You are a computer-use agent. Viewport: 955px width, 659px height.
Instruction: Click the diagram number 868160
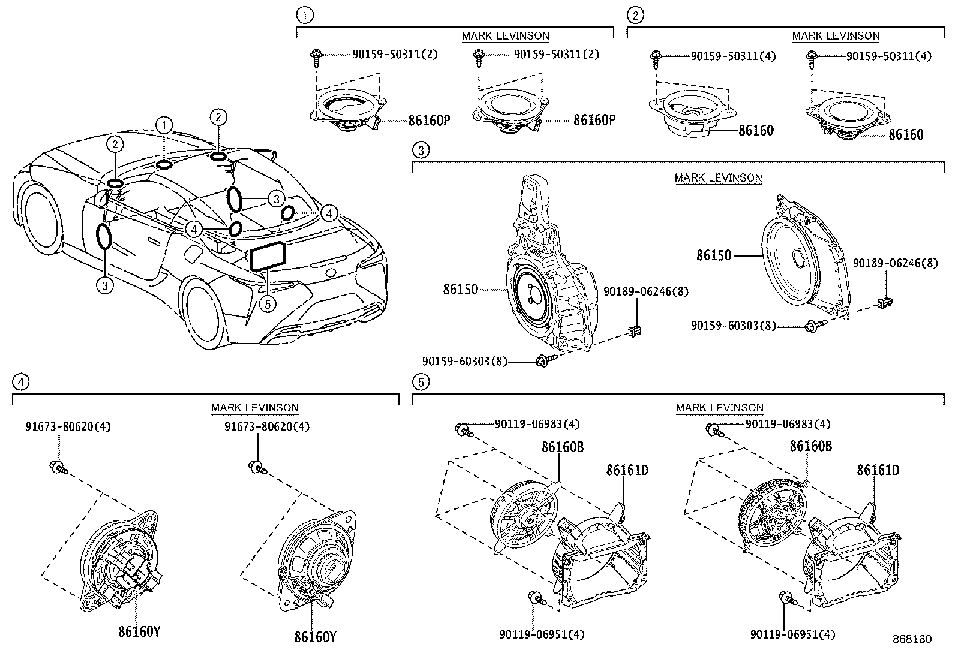pos(911,639)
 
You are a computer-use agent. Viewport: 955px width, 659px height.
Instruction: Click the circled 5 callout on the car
pos(268,304)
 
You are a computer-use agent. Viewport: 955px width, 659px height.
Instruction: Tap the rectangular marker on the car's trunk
pos(268,257)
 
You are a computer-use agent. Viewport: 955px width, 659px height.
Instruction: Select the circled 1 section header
pos(305,15)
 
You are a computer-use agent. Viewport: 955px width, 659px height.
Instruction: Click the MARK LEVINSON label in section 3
pos(718,178)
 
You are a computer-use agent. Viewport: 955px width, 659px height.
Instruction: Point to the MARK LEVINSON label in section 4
pos(254,408)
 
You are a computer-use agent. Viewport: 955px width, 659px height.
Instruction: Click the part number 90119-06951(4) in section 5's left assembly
pos(542,634)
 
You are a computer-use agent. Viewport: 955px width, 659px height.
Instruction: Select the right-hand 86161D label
pos(878,470)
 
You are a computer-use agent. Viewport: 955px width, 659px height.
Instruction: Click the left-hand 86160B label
pos(562,447)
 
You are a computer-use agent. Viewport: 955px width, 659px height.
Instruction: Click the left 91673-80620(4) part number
pos(68,427)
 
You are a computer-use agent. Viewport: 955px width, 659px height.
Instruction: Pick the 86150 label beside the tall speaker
pos(460,290)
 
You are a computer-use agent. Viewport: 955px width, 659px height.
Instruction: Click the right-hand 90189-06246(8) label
pos(895,263)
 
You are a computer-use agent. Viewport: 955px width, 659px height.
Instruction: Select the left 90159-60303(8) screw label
pos(464,361)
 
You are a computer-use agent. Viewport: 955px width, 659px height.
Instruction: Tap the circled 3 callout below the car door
pos(104,285)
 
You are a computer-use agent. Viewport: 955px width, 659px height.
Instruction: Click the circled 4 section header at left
pos(20,381)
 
